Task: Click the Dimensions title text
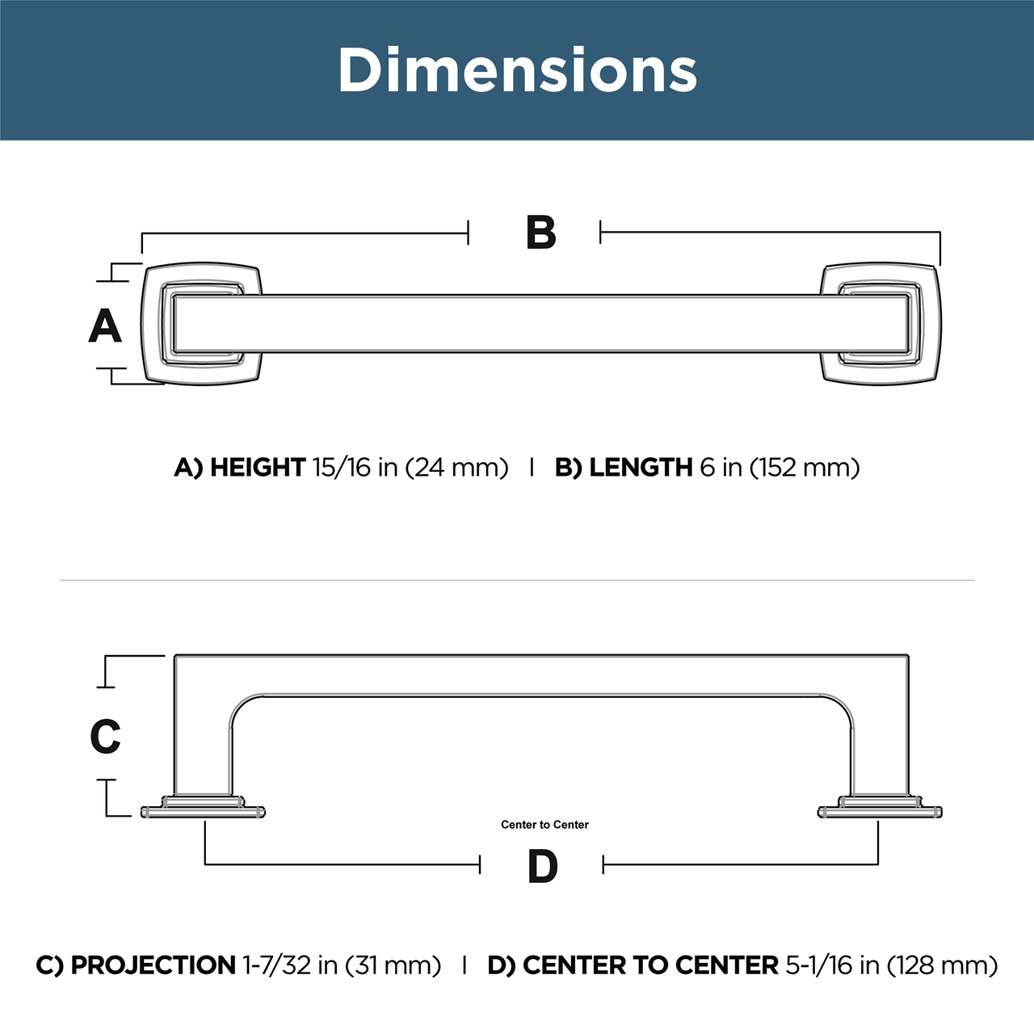(x=517, y=70)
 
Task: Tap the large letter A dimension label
(x=105, y=326)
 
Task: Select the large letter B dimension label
(x=540, y=233)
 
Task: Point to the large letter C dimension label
(x=105, y=737)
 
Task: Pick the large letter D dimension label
(x=542, y=867)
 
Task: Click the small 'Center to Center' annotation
(x=544, y=825)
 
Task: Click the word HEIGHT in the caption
(x=257, y=468)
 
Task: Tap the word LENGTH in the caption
(x=641, y=468)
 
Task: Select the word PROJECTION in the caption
(x=153, y=965)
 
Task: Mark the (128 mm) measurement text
(x=942, y=965)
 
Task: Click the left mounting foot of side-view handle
(x=203, y=809)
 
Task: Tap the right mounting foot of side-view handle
(x=880, y=809)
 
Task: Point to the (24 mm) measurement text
(x=456, y=468)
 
